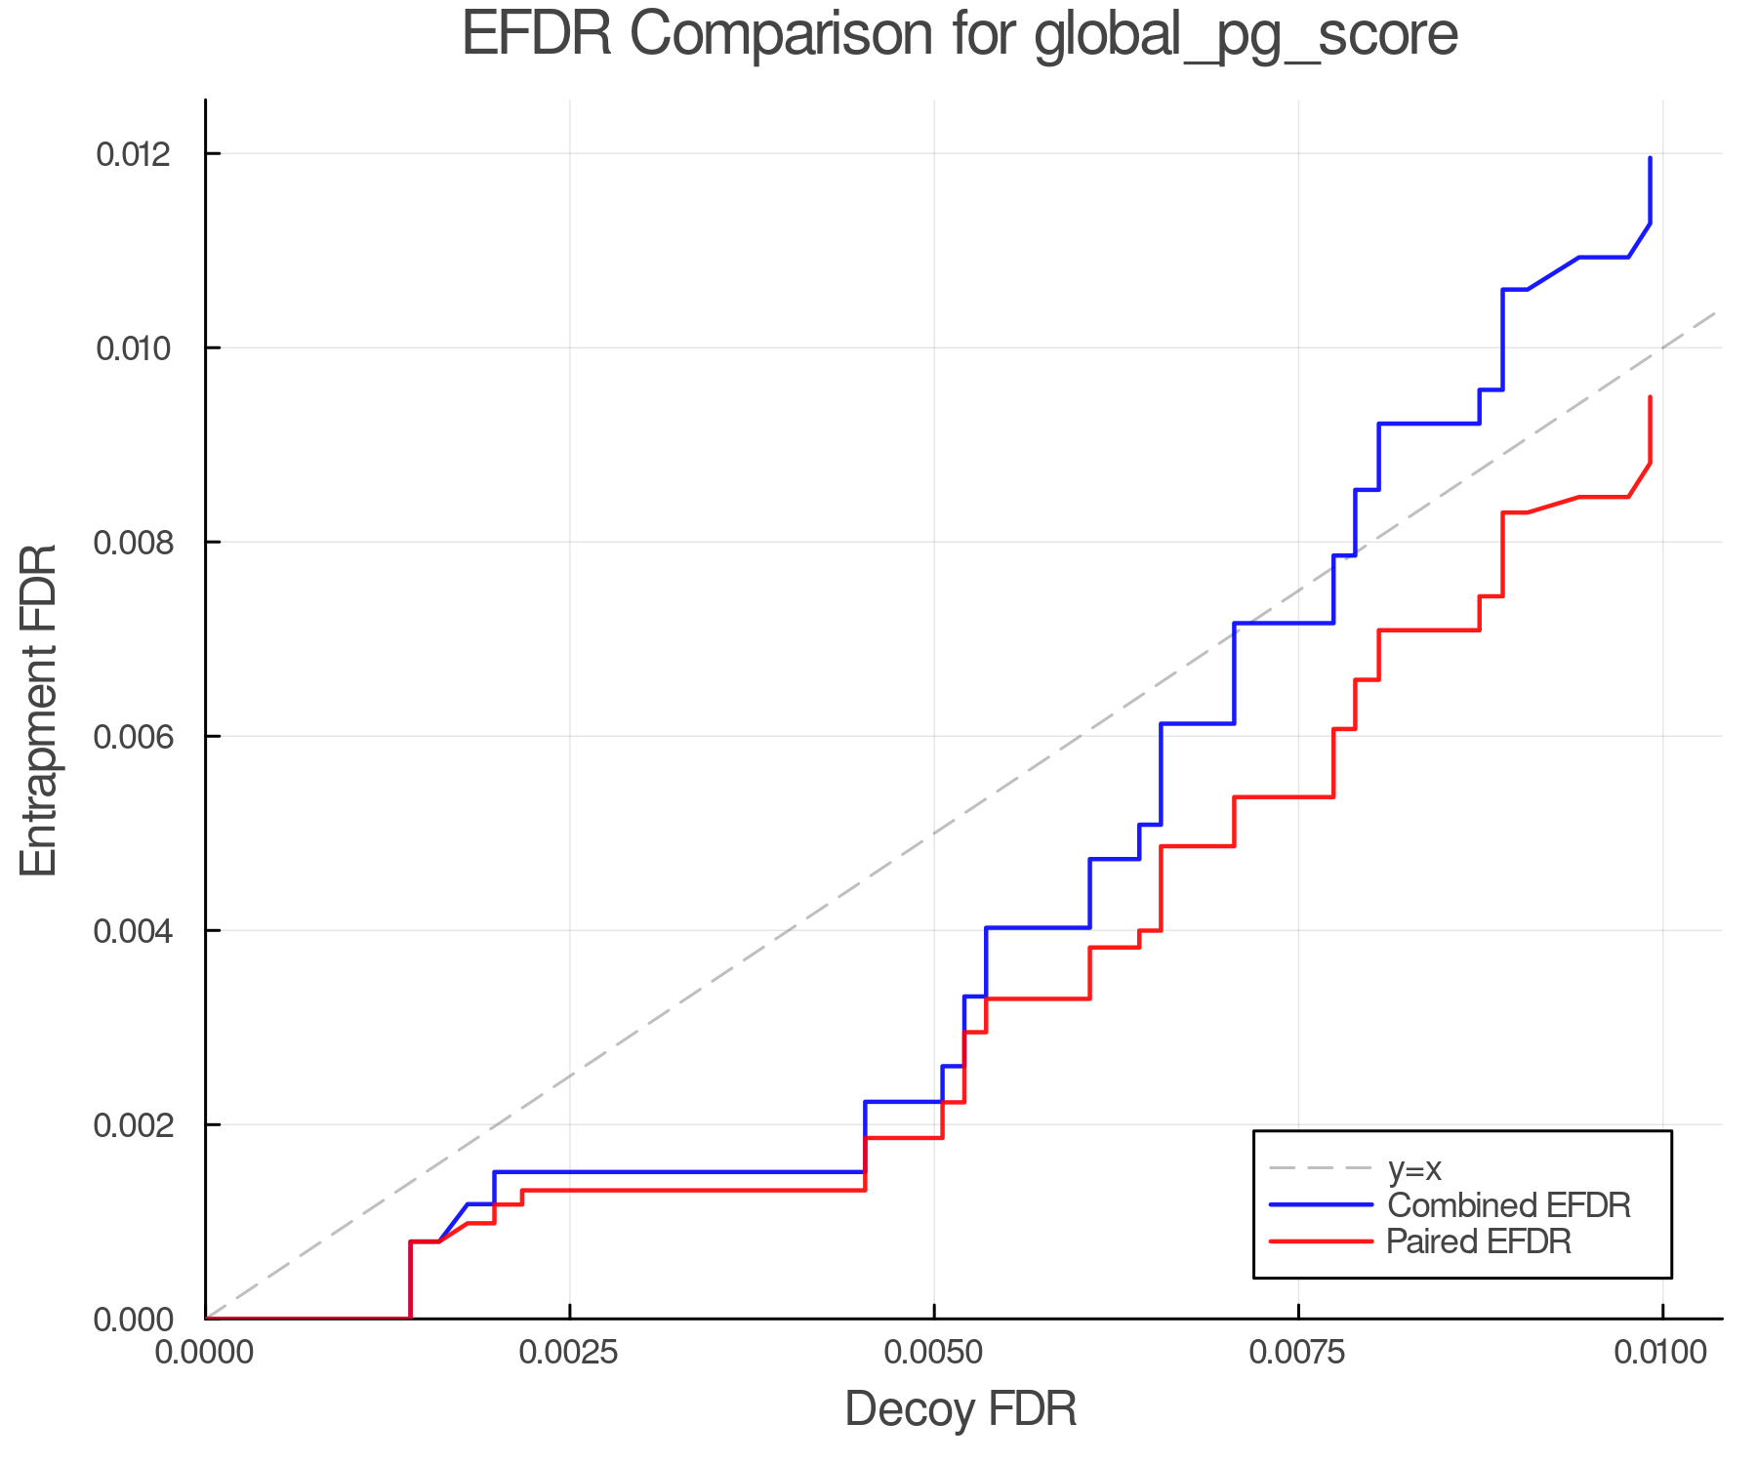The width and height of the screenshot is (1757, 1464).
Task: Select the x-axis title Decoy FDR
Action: click(x=960, y=1408)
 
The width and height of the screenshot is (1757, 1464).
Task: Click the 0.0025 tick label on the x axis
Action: click(x=569, y=1353)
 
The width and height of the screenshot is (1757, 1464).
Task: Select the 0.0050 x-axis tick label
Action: click(x=934, y=1353)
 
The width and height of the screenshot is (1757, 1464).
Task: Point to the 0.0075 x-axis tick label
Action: click(x=1298, y=1353)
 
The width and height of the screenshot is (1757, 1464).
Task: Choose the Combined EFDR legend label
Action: click(x=1508, y=1205)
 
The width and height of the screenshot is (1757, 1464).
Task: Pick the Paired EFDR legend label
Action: click(x=1479, y=1241)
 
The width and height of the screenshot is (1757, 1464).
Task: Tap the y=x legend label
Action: click(x=1414, y=1168)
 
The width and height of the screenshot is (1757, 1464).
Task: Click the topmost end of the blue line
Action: click(x=1650, y=158)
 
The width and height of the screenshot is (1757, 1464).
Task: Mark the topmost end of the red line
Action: click(x=1650, y=397)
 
